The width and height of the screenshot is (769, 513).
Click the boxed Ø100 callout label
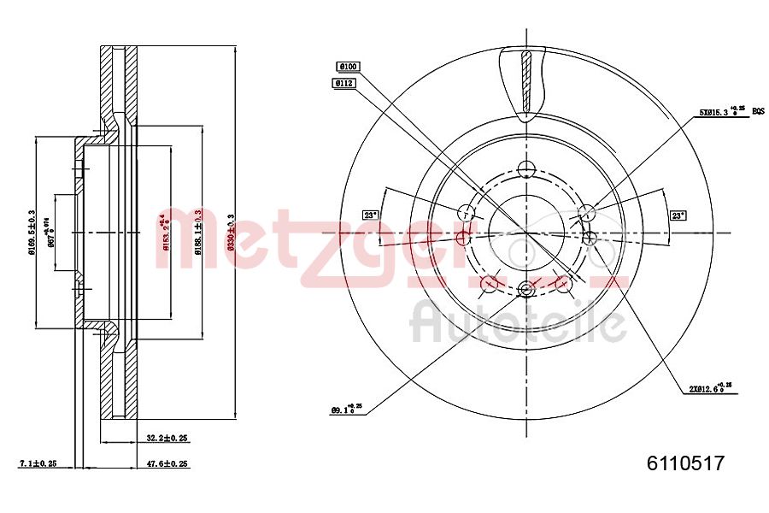348,66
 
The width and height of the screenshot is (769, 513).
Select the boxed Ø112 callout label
344,83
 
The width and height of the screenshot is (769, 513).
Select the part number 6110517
685,463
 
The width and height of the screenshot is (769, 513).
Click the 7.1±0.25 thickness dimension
38,463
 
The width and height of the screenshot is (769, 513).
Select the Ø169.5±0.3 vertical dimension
32,232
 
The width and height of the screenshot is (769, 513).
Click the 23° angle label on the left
370,215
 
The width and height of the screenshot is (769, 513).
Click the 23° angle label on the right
678,215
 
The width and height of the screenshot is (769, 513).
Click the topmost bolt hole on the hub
525,169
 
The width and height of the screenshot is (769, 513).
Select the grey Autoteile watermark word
517,323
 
